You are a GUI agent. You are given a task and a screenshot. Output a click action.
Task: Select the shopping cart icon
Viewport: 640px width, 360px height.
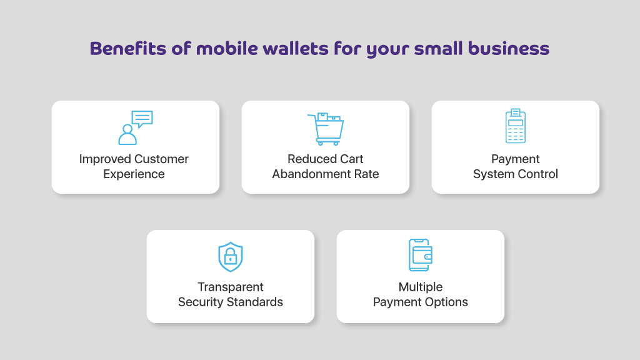coord(326,129)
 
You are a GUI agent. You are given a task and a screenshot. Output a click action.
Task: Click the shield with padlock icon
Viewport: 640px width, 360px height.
coord(231,257)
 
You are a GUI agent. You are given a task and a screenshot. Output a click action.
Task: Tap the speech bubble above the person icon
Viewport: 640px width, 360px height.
coord(142,119)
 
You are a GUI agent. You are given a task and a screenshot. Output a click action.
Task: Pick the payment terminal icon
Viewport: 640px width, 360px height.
coord(516,126)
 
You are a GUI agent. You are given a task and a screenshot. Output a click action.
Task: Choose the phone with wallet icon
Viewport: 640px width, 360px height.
coord(421,255)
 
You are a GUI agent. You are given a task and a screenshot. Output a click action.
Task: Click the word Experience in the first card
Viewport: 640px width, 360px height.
coord(134,174)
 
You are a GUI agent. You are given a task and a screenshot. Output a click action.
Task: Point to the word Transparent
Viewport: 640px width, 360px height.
coord(231,287)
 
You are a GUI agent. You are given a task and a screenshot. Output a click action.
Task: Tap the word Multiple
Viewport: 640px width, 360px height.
coord(421,287)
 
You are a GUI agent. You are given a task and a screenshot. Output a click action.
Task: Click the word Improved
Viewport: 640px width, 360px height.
coord(105,159)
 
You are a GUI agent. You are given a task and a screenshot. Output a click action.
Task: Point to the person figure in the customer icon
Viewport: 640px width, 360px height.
coord(127,135)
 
